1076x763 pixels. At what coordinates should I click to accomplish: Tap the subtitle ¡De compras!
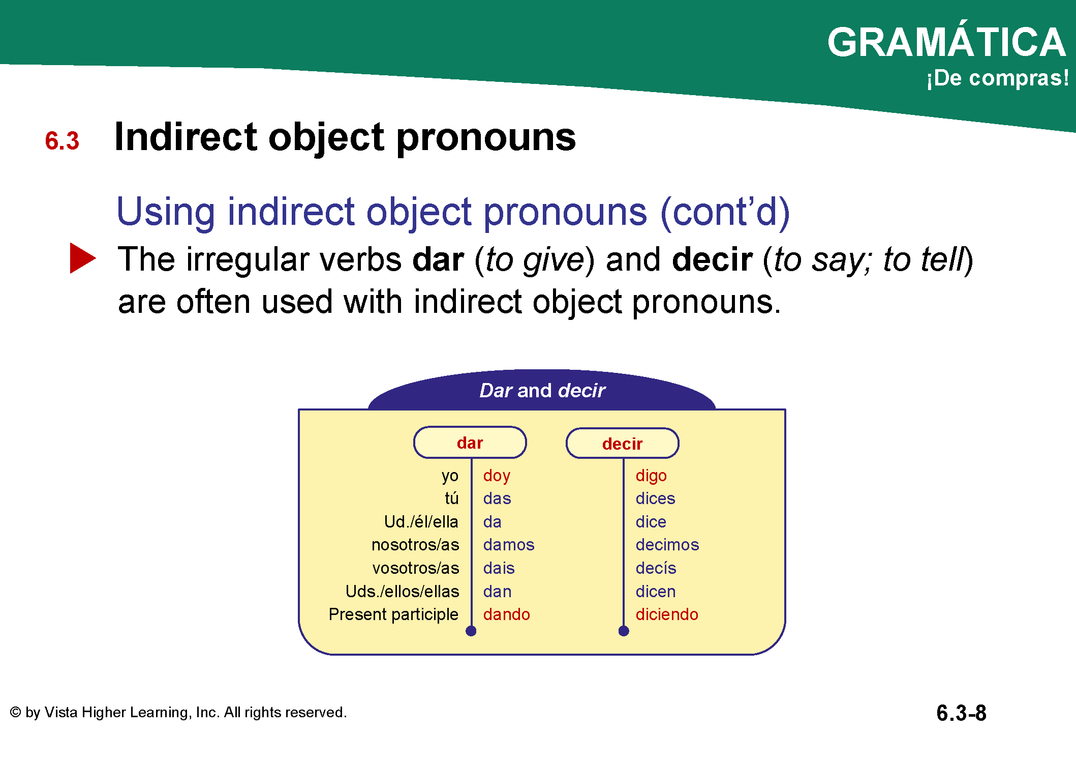(x=997, y=78)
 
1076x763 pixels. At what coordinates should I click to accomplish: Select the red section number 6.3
(x=62, y=141)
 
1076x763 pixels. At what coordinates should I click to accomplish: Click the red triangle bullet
(x=82, y=258)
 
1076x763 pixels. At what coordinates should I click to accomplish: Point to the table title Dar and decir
(x=542, y=391)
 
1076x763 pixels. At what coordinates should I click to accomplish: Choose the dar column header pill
(x=470, y=443)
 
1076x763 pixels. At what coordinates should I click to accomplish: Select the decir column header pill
(x=622, y=444)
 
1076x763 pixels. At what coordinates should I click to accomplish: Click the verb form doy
(x=497, y=476)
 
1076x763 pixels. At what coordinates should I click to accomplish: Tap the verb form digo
(x=651, y=476)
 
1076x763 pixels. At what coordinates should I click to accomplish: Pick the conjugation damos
(x=509, y=545)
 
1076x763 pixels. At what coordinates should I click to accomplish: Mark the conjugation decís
(x=656, y=568)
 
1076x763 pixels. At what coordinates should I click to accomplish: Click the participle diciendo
(x=667, y=614)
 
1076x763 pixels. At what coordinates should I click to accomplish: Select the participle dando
(x=506, y=614)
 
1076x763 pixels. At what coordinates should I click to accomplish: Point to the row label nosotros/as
(x=415, y=545)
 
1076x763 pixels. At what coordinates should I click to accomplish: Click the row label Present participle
(x=393, y=614)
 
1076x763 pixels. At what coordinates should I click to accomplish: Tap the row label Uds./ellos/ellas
(x=402, y=591)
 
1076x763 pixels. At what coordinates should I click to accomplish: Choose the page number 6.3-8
(x=961, y=713)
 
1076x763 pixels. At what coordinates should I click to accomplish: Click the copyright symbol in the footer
(x=16, y=712)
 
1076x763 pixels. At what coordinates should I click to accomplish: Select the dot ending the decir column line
(x=624, y=631)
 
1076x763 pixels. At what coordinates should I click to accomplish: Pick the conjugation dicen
(x=656, y=592)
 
